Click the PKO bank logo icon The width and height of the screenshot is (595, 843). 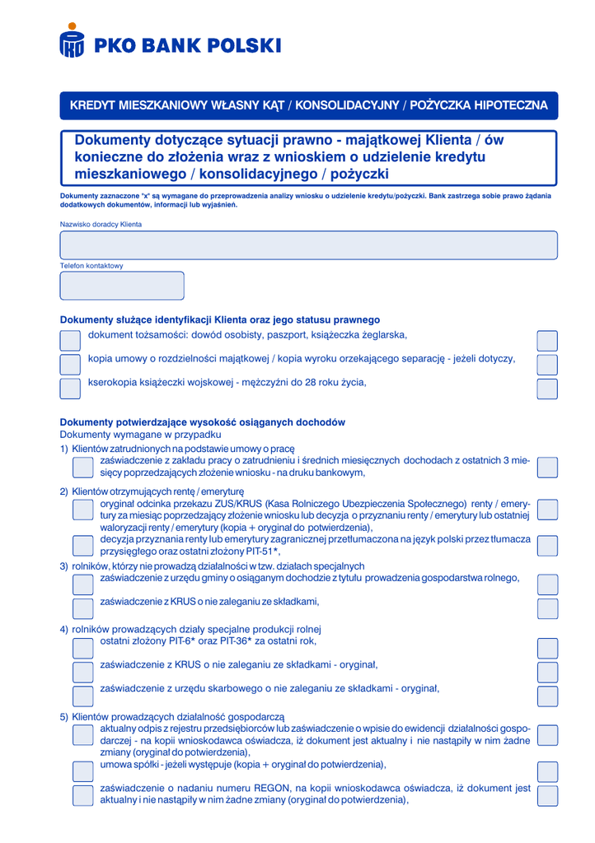[x=73, y=41]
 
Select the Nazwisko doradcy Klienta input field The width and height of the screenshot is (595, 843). [x=308, y=245]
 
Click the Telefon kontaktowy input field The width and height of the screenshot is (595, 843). [x=122, y=286]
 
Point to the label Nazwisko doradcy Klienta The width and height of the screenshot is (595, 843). [x=101, y=224]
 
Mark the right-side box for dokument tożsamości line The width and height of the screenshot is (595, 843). [x=546, y=340]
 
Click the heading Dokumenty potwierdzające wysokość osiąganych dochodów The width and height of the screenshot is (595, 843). [x=203, y=422]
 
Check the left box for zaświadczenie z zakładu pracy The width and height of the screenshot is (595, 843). [x=83, y=467]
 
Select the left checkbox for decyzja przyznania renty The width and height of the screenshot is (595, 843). [x=83, y=545]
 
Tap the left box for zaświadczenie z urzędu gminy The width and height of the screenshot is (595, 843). [x=83, y=584]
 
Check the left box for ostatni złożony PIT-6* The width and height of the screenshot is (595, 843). [x=83, y=647]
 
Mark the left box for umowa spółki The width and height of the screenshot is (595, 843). [x=83, y=770]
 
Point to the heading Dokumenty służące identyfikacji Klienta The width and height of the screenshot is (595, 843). [x=219, y=319]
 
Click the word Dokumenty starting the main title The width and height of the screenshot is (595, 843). [x=115, y=141]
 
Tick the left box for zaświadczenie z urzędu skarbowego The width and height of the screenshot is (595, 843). [x=83, y=695]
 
